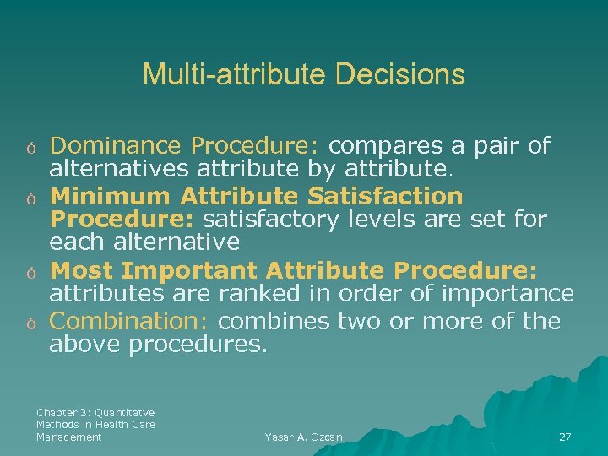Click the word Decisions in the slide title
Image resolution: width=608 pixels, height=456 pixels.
(x=399, y=74)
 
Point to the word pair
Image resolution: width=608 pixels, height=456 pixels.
(x=497, y=146)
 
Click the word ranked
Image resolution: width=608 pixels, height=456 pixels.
(x=253, y=295)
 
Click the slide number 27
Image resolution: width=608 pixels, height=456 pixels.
(x=565, y=437)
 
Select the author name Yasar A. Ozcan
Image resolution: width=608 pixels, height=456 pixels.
(x=303, y=437)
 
